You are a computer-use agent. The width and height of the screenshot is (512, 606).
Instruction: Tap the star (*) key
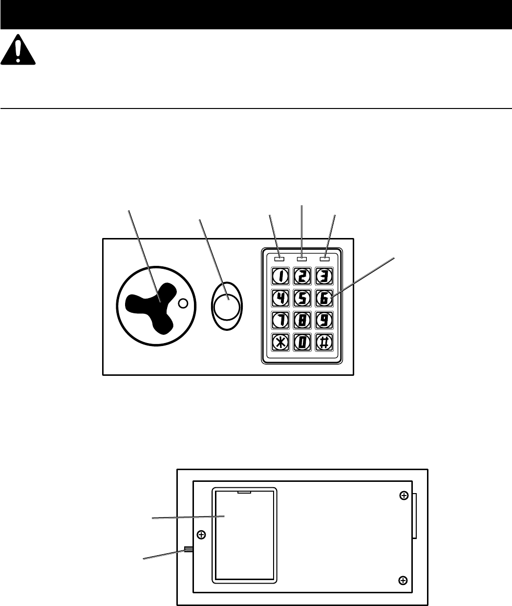tap(280, 342)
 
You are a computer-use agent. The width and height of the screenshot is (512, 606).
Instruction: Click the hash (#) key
tap(323, 342)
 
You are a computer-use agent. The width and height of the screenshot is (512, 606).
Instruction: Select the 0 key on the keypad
tap(302, 342)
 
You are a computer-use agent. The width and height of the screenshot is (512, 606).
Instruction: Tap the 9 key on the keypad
tap(323, 320)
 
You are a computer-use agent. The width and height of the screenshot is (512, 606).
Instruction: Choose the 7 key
tap(280, 320)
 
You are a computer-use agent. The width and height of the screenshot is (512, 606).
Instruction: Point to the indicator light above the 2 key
tap(302, 258)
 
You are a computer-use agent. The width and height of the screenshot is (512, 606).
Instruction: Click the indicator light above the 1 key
tap(280, 258)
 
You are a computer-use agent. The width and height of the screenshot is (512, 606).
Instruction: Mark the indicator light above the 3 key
tap(323, 258)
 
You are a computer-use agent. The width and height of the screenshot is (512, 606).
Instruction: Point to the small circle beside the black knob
tap(183, 303)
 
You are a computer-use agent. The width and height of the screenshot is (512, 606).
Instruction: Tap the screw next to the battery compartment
tap(202, 535)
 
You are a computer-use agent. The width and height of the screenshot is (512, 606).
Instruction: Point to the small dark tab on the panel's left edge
tap(189, 549)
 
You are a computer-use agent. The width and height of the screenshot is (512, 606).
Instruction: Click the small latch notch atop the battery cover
tap(244, 492)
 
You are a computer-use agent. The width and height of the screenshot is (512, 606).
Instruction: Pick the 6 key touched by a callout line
tap(323, 298)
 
